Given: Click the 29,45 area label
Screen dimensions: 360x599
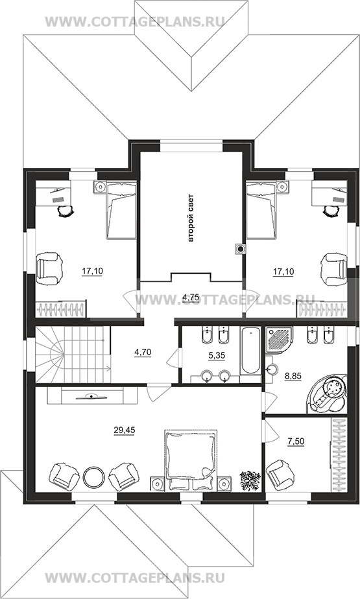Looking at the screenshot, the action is (124, 430).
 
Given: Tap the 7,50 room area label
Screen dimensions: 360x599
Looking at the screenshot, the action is (296, 441).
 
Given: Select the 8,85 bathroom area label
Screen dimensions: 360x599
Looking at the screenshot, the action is (293, 376).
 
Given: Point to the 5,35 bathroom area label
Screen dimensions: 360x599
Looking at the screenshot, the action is (217, 355).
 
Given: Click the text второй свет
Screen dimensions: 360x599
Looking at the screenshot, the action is (191, 218).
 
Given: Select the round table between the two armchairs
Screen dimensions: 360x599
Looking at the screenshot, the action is (93, 477).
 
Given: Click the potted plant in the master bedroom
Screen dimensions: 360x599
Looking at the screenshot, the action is (250, 480).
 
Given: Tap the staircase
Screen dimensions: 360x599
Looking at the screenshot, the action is (73, 354).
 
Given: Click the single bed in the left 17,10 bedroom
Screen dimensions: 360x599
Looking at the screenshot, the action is (121, 211).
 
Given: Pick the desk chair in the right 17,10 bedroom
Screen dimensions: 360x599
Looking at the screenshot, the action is (330, 210).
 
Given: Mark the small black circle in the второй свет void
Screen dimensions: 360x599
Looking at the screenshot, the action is (241, 250).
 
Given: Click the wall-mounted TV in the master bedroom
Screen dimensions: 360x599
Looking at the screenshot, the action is (92, 396).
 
